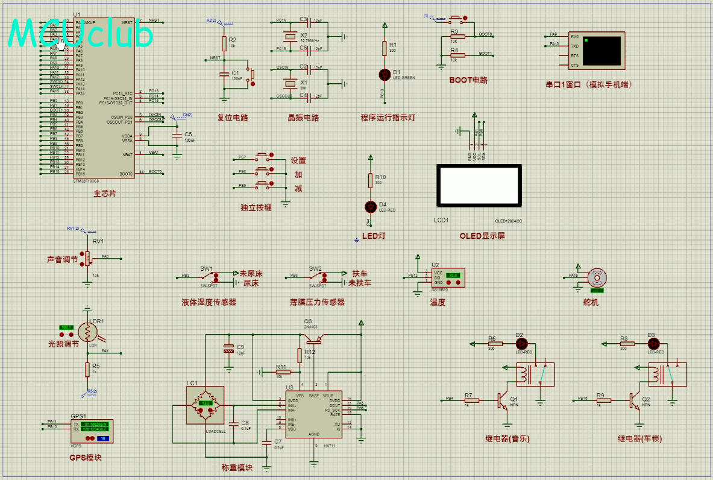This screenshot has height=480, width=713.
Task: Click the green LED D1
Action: pos(385,74)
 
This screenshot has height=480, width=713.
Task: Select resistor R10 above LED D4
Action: pos(371,180)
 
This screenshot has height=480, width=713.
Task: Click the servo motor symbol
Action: pos(597,277)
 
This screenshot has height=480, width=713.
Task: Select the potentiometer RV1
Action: pos(87,258)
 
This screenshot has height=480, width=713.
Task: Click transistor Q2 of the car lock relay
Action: pos(636,400)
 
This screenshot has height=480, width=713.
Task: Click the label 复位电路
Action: pos(233,118)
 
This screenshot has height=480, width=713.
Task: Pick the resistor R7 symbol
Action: pos(471,400)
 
